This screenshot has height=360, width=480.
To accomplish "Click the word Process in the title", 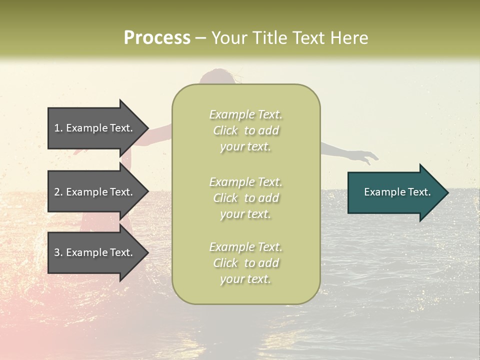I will coord(157,38).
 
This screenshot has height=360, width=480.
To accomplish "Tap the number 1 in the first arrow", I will coord(57,128).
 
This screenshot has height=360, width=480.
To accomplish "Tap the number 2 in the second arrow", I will coord(57,192).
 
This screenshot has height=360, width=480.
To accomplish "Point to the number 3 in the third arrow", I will coord(57,252).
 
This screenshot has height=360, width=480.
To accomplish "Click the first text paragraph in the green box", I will coord(246,130).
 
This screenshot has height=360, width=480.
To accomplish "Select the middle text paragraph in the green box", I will coord(246,198).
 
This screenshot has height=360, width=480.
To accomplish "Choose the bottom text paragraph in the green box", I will coord(246,263).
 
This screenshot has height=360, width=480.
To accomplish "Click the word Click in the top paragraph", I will coord(225,130).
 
